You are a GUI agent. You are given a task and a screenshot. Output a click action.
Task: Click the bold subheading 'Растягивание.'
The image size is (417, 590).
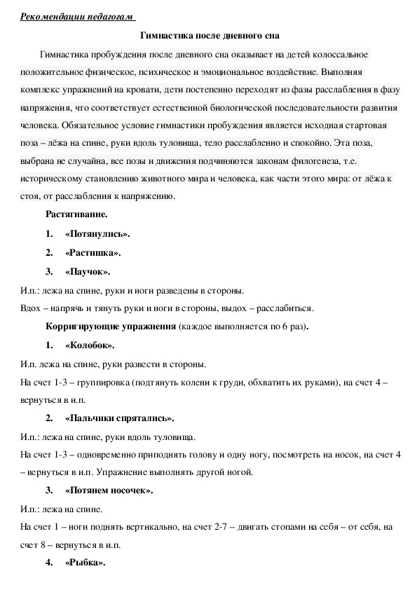click(76, 214)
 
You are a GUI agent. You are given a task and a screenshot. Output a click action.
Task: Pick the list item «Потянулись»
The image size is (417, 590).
click(97, 234)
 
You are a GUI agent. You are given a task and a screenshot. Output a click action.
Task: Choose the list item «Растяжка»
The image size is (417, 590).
click(93, 253)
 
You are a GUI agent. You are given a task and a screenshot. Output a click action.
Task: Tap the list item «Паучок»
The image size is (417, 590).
click(88, 272)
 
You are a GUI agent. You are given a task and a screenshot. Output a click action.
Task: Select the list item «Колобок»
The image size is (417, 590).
click(90, 345)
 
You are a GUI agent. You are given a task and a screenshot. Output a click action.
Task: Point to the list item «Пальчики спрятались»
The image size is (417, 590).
click(119, 418)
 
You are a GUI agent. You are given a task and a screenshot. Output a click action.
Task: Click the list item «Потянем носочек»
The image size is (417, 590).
click(109, 490)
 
